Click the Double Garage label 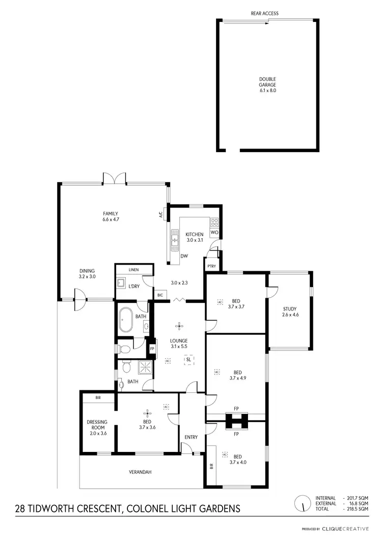tap(267, 84)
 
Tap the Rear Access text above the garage tap(264, 13)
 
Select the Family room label tap(111, 216)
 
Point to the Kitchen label tap(194, 237)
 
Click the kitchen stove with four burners tap(214, 222)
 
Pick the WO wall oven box tap(214, 232)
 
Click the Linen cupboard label tap(134, 269)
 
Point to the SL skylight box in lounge tap(188, 359)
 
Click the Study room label tap(290, 311)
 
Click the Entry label tap(191, 437)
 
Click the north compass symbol tap(303, 504)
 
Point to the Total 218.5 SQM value tap(357, 509)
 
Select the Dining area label tap(87, 274)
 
